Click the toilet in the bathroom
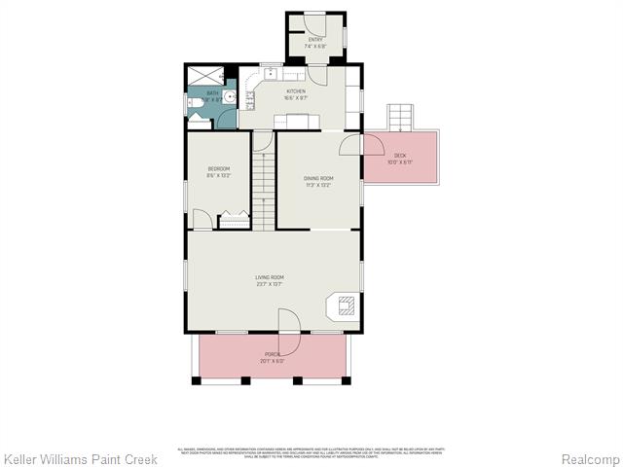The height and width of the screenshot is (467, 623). click(x=193, y=100)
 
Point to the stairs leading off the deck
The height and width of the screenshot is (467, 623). click(x=400, y=118)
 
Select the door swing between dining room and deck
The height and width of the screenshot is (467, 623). click(x=350, y=146)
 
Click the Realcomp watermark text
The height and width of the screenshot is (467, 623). click(x=587, y=458)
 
